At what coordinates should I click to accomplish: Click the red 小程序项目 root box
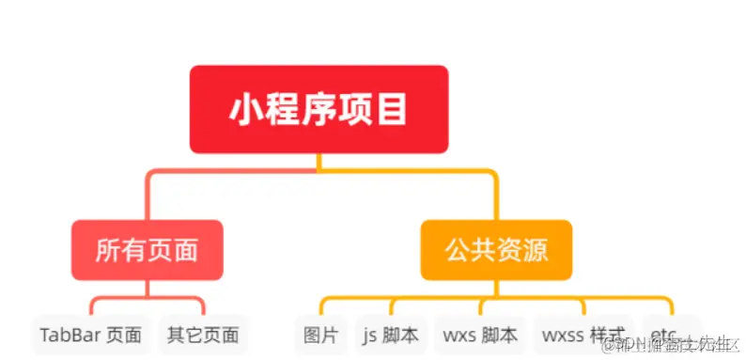click(319, 109)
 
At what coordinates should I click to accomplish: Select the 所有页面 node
click(147, 250)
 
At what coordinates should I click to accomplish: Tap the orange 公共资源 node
click(496, 250)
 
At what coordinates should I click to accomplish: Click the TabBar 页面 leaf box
click(91, 335)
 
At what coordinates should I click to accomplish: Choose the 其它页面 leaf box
click(203, 335)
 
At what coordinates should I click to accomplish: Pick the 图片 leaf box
click(320, 335)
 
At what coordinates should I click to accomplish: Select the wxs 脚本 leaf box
click(480, 335)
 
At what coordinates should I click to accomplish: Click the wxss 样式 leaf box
click(583, 335)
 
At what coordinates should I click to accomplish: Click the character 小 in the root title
click(245, 110)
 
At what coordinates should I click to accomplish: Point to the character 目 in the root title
click(394, 110)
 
